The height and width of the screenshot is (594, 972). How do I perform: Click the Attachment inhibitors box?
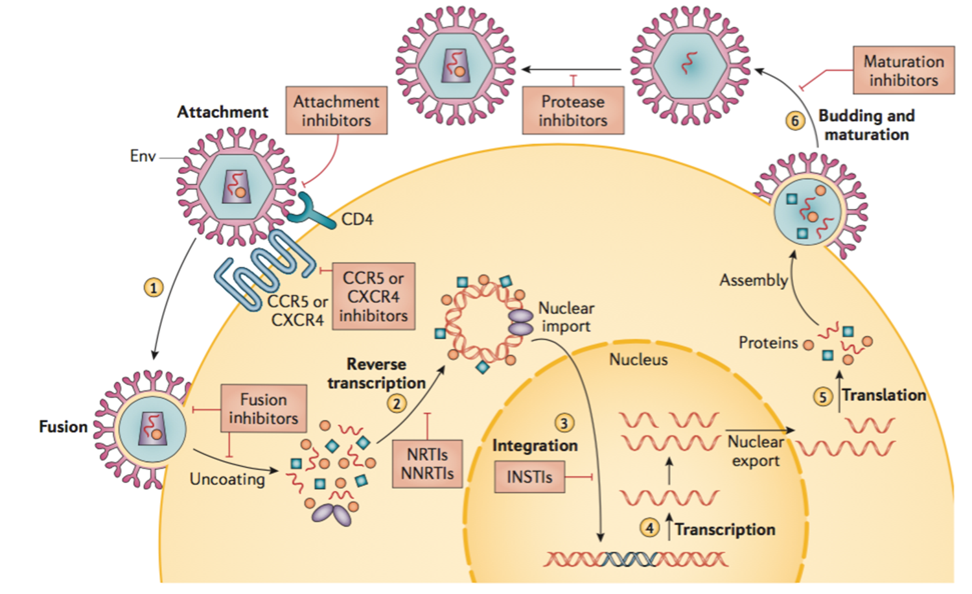point(336,111)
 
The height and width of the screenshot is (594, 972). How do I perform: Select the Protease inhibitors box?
point(573,111)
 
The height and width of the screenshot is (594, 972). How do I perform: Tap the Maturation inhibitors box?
point(903,71)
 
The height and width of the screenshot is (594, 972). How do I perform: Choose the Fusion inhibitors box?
point(263,409)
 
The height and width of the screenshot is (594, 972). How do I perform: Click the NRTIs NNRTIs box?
point(427,464)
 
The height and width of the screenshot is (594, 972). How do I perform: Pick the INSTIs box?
point(529,477)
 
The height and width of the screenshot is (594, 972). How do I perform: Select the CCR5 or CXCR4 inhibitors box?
point(373,296)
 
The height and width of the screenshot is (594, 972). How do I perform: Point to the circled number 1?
point(154,287)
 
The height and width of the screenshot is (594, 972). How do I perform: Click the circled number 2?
point(397,403)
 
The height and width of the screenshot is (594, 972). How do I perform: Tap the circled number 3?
point(564,423)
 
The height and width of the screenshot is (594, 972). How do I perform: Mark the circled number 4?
point(649,528)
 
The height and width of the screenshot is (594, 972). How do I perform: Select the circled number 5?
point(822,396)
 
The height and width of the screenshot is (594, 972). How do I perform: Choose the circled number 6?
point(795,121)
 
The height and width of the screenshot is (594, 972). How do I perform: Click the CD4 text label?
point(357,219)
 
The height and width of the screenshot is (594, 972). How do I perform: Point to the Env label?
point(143,156)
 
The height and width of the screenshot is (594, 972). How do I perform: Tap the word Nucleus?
point(638,359)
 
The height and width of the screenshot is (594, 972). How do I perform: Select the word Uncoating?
point(227,479)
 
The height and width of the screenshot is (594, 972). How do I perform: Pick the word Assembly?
point(753,280)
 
